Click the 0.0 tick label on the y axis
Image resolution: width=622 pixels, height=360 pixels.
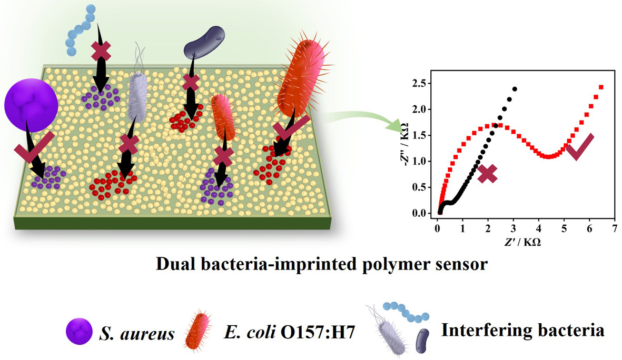pos(419,213)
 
